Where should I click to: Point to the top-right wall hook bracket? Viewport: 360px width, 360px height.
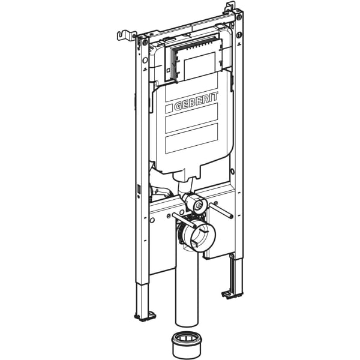(x=229, y=8)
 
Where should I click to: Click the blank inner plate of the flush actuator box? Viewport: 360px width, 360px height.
(x=200, y=65)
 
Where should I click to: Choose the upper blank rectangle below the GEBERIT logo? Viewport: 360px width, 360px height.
(x=191, y=123)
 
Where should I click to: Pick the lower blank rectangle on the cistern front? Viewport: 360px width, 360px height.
(x=191, y=140)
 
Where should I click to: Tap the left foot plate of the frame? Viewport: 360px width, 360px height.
(x=145, y=314)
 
